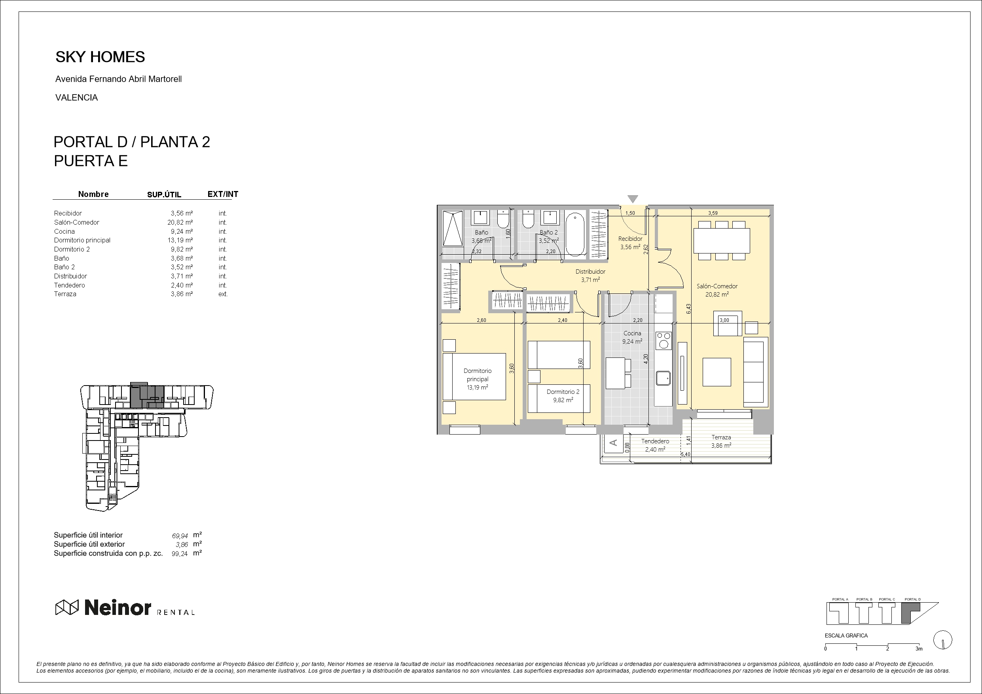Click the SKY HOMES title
pos(100,57)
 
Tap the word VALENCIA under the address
pos(77,98)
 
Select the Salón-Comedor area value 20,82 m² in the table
pos(180,222)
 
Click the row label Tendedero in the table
pos(69,285)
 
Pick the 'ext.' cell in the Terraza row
pos(223,294)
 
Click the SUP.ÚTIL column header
pos(164,195)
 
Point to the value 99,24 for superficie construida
pos(180,554)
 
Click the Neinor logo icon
pos(67,607)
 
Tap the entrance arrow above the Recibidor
pos(633,199)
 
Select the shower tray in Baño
pos(453,228)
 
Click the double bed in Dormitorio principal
pos(474,377)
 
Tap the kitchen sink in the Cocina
pos(664,378)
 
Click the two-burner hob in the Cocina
pos(664,341)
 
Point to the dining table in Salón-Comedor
pos(722,241)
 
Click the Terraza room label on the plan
pos(721,437)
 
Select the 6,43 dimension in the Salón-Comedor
pos(688,309)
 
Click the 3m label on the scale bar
pos(919,649)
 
